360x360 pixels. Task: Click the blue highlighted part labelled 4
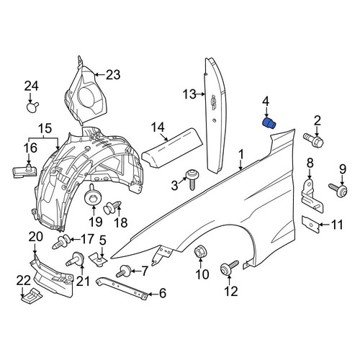pyautogui.click(x=269, y=123)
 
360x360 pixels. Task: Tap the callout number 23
pyautogui.click(x=113, y=75)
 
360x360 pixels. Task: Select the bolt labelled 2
pyautogui.click(x=313, y=140)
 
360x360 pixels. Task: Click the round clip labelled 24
pyautogui.click(x=32, y=107)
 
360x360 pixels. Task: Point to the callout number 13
pyautogui.click(x=189, y=94)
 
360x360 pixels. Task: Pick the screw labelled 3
pyautogui.click(x=192, y=180)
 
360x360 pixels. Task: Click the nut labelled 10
pyautogui.click(x=199, y=251)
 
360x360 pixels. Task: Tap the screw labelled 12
pyautogui.click(x=228, y=268)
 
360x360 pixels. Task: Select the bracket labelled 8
pyautogui.click(x=312, y=196)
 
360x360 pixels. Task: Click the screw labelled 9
pyautogui.click(x=338, y=189)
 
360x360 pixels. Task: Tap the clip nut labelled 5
pyautogui.click(x=99, y=258)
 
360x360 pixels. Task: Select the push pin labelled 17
pyautogui.click(x=61, y=242)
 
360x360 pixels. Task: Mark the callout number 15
pyautogui.click(x=45, y=128)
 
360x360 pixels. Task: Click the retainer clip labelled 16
pyautogui.click(x=24, y=171)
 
